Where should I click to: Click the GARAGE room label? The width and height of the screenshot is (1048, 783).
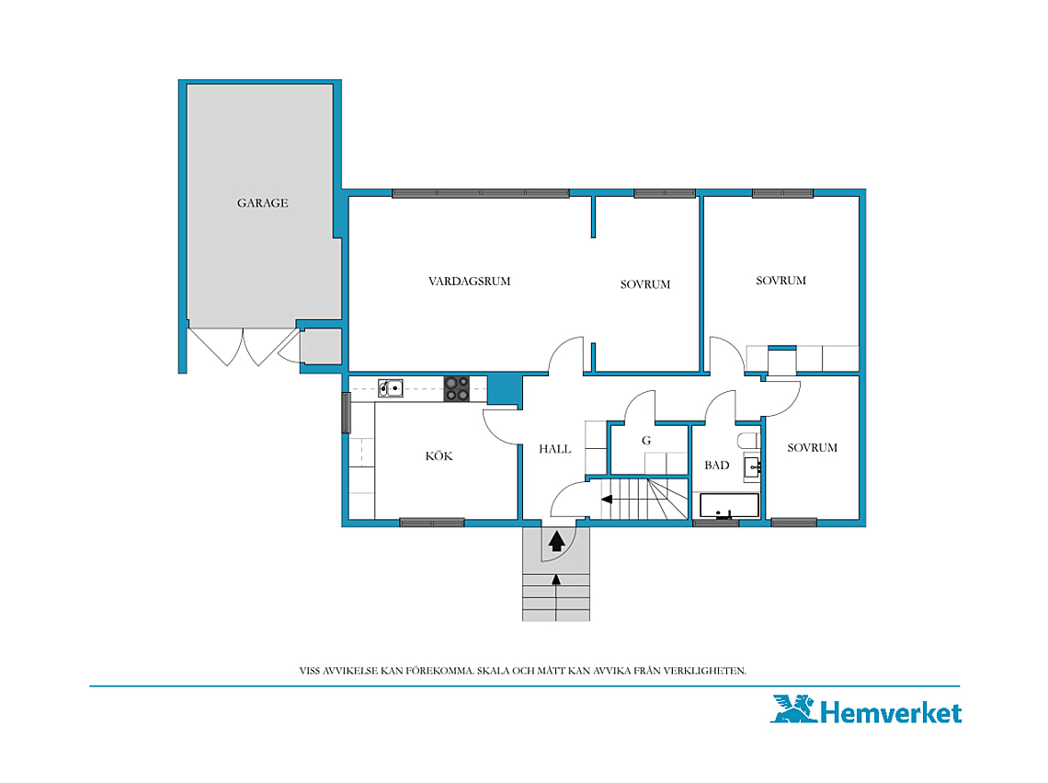pyautogui.click(x=263, y=202)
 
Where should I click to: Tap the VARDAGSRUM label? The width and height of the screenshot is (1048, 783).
pyautogui.click(x=469, y=281)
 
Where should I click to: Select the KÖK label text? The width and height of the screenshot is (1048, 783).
pyautogui.click(x=439, y=455)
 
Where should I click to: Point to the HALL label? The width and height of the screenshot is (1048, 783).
pyautogui.click(x=554, y=449)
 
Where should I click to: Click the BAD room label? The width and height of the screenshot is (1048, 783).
pyautogui.click(x=716, y=466)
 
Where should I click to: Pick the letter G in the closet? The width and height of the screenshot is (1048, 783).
pyautogui.click(x=646, y=441)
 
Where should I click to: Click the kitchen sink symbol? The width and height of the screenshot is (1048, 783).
pyautogui.click(x=391, y=388)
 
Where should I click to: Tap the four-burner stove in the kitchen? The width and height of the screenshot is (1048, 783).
pyautogui.click(x=457, y=389)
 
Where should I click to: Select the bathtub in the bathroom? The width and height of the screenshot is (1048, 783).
pyautogui.click(x=729, y=506)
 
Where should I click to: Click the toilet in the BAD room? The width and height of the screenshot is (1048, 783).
pyautogui.click(x=748, y=441)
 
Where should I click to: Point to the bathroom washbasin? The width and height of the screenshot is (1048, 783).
pyautogui.click(x=753, y=466)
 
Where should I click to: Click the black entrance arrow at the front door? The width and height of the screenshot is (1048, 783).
pyautogui.click(x=556, y=540)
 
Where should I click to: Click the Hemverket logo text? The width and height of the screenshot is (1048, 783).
pyautogui.click(x=890, y=713)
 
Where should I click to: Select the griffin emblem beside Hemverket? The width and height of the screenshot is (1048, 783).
pyautogui.click(x=794, y=708)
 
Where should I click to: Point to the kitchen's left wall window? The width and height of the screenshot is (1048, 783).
pyautogui.click(x=347, y=413)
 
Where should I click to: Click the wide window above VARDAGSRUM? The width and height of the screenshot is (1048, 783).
pyautogui.click(x=481, y=193)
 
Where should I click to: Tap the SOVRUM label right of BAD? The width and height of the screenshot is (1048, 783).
pyautogui.click(x=812, y=448)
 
